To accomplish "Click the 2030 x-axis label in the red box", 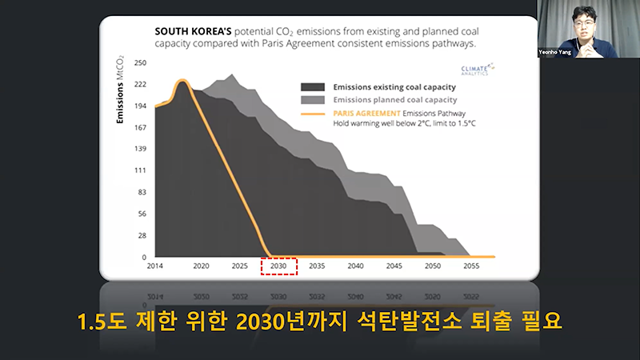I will (x=278, y=266).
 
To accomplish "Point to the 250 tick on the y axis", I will (x=140, y=62).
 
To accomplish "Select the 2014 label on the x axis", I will (x=154, y=266).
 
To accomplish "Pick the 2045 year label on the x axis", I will (x=394, y=266).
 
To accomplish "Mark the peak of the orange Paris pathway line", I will (x=182, y=81).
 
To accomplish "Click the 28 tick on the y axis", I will (x=142, y=236).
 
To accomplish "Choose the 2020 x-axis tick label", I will (x=201, y=266).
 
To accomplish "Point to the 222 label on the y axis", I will (x=140, y=84).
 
